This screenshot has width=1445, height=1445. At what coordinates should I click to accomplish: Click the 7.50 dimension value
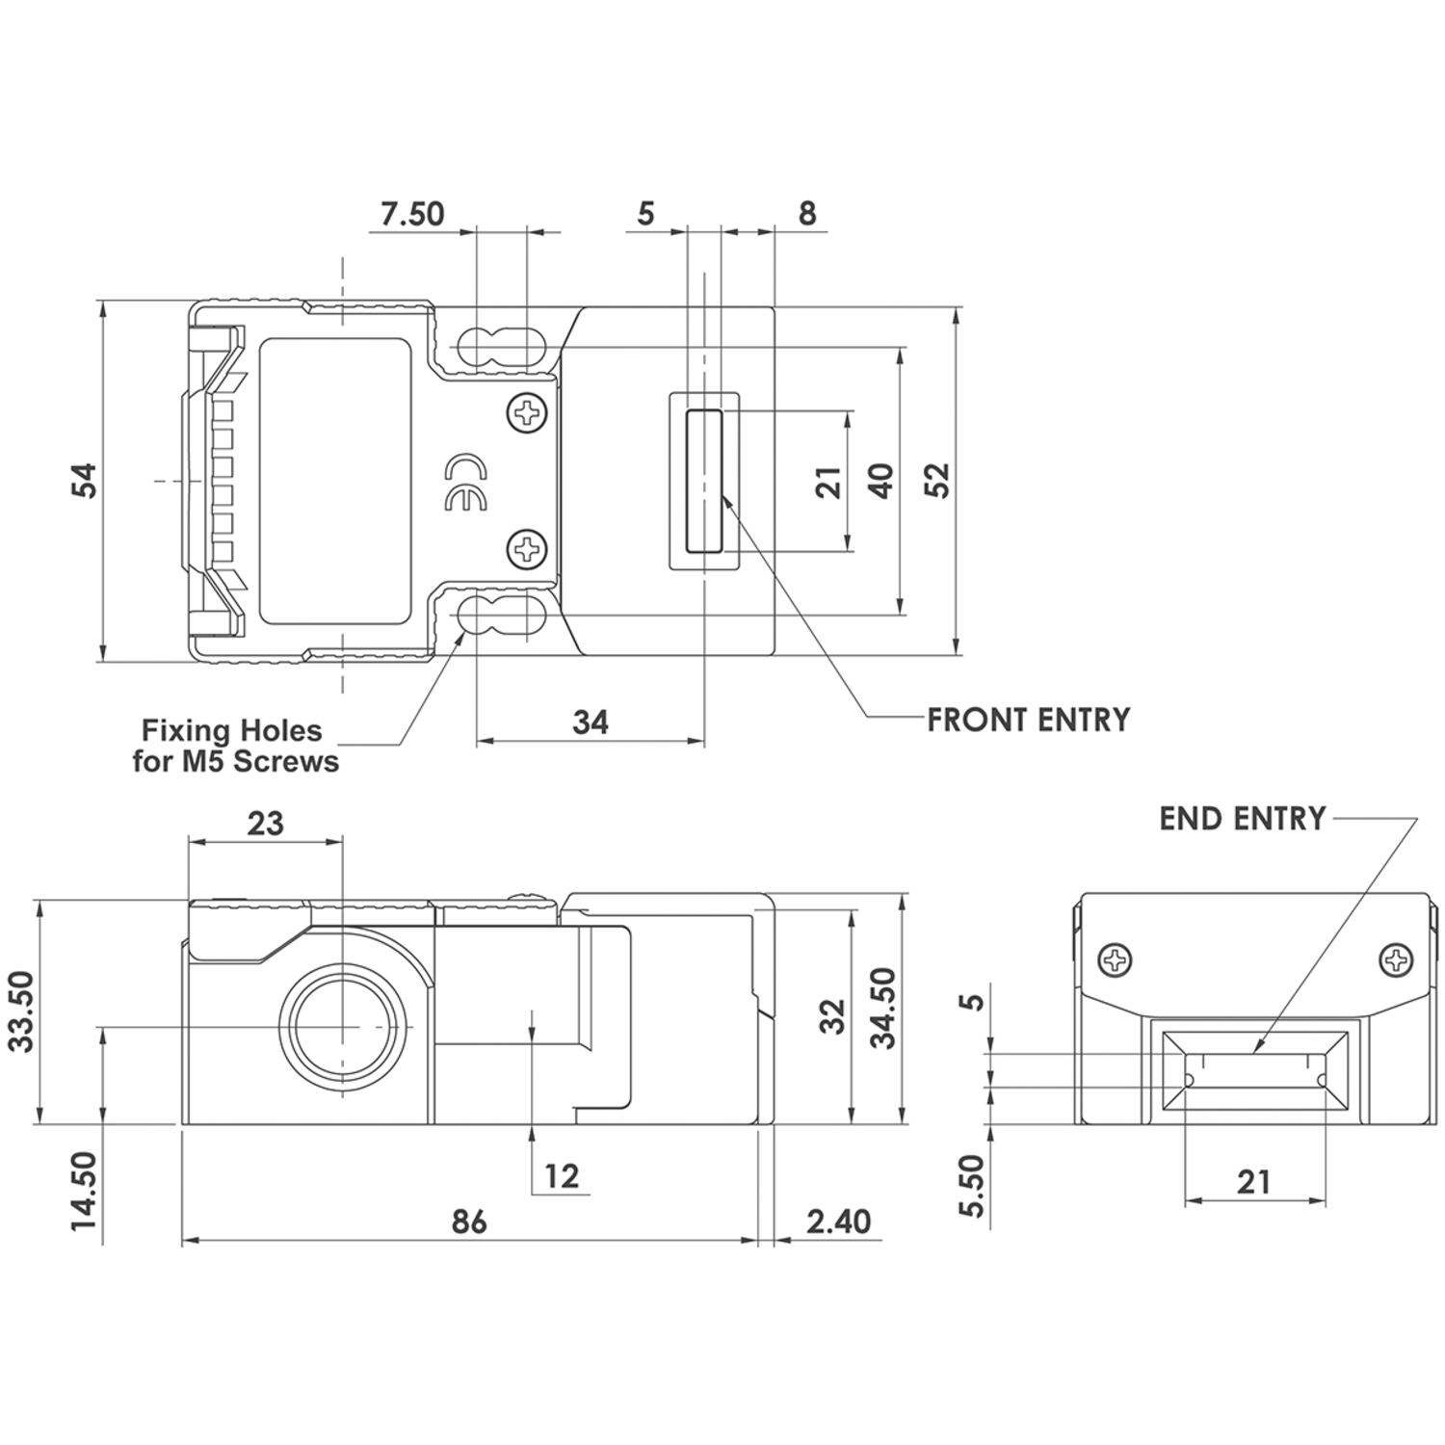point(412,213)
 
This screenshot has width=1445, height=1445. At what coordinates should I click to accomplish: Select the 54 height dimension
point(86,481)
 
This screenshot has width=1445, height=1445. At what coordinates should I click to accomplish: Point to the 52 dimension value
point(937,480)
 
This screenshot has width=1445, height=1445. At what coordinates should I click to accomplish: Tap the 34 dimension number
point(590,722)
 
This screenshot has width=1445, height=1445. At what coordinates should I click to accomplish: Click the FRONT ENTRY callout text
point(1028,720)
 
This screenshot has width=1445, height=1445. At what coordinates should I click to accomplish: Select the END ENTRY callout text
point(1242,819)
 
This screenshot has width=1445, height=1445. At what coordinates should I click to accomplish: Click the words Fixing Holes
point(232,729)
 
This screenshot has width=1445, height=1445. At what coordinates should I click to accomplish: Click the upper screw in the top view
point(527,414)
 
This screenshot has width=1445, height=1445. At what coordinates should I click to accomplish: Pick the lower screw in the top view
point(527,550)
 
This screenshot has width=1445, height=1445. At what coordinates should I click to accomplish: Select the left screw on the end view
point(1116,959)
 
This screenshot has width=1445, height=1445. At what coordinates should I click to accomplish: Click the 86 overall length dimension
point(469,1222)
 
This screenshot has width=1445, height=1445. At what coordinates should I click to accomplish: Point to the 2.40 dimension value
point(838,1222)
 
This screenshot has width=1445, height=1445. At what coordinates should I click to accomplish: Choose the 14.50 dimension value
point(84,1190)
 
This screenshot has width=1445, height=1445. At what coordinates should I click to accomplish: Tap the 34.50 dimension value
point(881,1009)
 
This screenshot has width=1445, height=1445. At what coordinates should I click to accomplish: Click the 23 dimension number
point(266,824)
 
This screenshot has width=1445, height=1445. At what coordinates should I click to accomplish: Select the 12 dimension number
point(562,1176)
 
